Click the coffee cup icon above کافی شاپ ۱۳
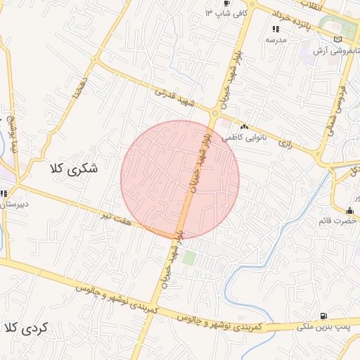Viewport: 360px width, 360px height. [226, 3]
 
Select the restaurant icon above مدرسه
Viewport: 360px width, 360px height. [276, 30]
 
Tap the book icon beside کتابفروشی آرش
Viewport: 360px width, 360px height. [340, 40]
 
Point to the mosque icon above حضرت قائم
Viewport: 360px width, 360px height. [349, 210]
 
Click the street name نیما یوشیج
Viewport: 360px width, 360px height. [12, 134]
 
